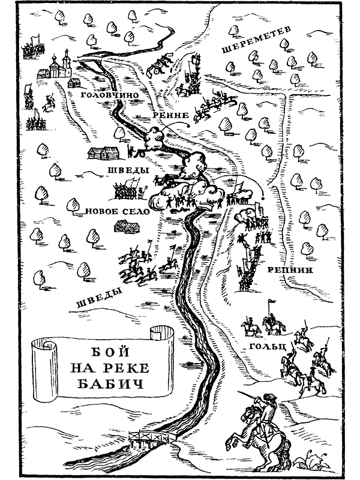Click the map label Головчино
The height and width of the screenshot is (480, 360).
110,95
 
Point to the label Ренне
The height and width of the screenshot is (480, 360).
170,115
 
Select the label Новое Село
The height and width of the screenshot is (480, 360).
117,211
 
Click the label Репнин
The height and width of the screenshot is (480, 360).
290,270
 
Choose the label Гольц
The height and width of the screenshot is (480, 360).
268,347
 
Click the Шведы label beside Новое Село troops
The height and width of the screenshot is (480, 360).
128,170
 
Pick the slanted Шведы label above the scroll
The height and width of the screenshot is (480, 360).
98,298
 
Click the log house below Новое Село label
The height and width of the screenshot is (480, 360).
127,226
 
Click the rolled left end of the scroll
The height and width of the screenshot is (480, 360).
44,370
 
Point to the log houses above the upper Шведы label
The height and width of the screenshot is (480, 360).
103,152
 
